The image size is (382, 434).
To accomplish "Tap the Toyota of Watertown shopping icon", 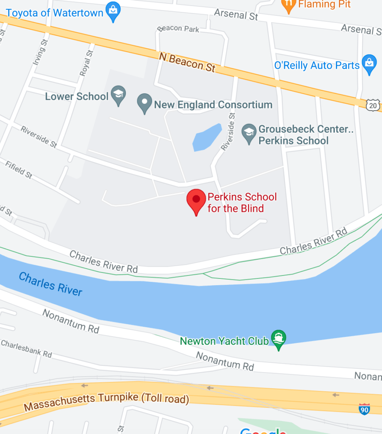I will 113,13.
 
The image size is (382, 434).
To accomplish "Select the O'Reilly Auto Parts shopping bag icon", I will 370,65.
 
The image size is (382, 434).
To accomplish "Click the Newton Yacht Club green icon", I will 279,339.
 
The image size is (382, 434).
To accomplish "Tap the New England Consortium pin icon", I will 144,103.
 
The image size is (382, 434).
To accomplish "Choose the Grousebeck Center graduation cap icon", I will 249,134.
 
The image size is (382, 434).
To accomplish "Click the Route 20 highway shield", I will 372,106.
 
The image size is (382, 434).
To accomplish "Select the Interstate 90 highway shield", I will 364,409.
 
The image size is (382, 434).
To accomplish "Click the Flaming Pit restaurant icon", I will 288,5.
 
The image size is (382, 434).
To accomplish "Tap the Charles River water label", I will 50,284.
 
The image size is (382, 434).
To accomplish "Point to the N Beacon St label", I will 187,62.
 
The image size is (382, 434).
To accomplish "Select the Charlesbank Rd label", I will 26,349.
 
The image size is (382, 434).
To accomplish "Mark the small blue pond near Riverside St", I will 207,137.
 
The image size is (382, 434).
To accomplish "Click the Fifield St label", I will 19,169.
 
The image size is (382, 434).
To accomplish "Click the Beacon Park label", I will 178,29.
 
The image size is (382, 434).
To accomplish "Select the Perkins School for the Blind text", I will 241,203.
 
